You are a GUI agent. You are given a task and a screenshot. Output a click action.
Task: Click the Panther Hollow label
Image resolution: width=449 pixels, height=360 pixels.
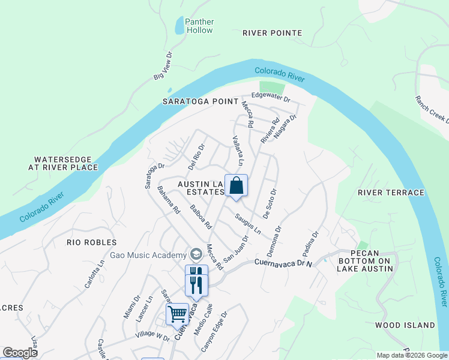click(x=199, y=26)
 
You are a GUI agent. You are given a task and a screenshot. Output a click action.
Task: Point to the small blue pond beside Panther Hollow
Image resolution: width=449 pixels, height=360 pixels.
click(x=179, y=26)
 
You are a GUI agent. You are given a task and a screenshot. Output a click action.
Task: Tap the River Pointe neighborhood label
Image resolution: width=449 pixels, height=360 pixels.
click(x=272, y=33)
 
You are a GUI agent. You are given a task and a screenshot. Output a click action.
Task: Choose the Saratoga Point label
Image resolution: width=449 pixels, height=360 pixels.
click(x=200, y=101)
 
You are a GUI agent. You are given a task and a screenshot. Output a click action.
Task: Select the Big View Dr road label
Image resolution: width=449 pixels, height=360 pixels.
click(x=163, y=65)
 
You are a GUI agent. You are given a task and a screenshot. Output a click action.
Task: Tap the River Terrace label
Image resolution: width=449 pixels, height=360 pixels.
click(x=391, y=193)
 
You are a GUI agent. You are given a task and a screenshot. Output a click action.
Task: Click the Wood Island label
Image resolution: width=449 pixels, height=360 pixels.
click(x=405, y=325)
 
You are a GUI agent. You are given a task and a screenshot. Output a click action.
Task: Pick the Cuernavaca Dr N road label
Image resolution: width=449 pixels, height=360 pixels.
click(x=284, y=263)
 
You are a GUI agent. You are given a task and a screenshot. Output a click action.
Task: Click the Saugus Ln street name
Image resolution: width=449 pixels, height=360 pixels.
click(x=248, y=224)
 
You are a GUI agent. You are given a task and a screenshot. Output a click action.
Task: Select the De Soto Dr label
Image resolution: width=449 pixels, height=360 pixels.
click(x=268, y=204)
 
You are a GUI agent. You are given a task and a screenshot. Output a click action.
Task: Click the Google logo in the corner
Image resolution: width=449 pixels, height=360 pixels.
click(x=20, y=353)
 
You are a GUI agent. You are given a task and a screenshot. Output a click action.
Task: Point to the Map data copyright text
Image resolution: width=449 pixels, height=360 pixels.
click(x=411, y=355)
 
